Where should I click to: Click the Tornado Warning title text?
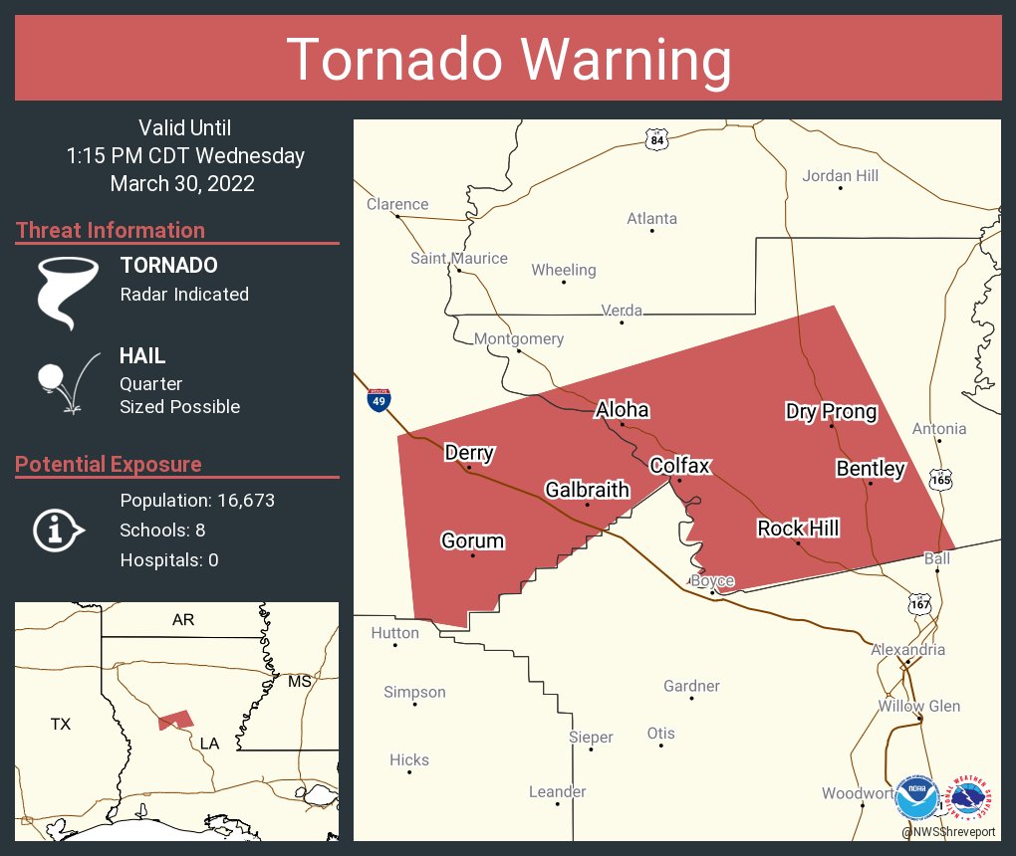point(508,60)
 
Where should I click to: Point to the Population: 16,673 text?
point(197,501)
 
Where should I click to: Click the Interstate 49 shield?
point(379,400)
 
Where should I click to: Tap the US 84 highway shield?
point(655,140)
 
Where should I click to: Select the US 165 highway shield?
point(940,479)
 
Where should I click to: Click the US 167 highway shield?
point(919,603)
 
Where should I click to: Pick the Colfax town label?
point(679,466)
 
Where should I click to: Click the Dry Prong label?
point(831,412)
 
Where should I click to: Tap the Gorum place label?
point(473,541)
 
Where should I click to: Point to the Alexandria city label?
point(907,650)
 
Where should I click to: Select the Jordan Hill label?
point(841,176)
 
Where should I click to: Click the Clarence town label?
point(397,204)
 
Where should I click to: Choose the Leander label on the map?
point(557,792)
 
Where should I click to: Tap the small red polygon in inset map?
point(175,720)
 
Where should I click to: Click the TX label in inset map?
point(61,725)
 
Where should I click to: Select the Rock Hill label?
point(798,529)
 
